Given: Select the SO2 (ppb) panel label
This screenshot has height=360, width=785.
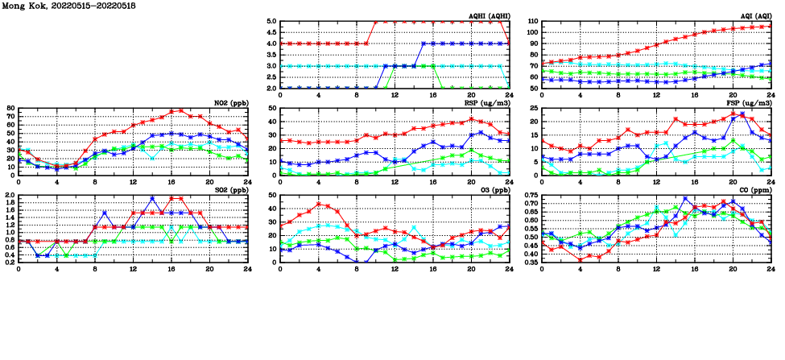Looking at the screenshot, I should pos(229,189).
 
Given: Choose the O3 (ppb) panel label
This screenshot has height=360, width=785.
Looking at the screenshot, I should pos(497,189).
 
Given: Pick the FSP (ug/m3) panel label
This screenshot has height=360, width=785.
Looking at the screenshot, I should pos(750,102).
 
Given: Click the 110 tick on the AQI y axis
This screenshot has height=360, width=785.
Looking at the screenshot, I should pos(533,22).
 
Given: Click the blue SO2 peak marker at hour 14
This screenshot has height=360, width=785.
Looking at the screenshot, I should pos(152,198).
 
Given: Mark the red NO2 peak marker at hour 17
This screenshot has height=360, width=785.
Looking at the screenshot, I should pos(180,111).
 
